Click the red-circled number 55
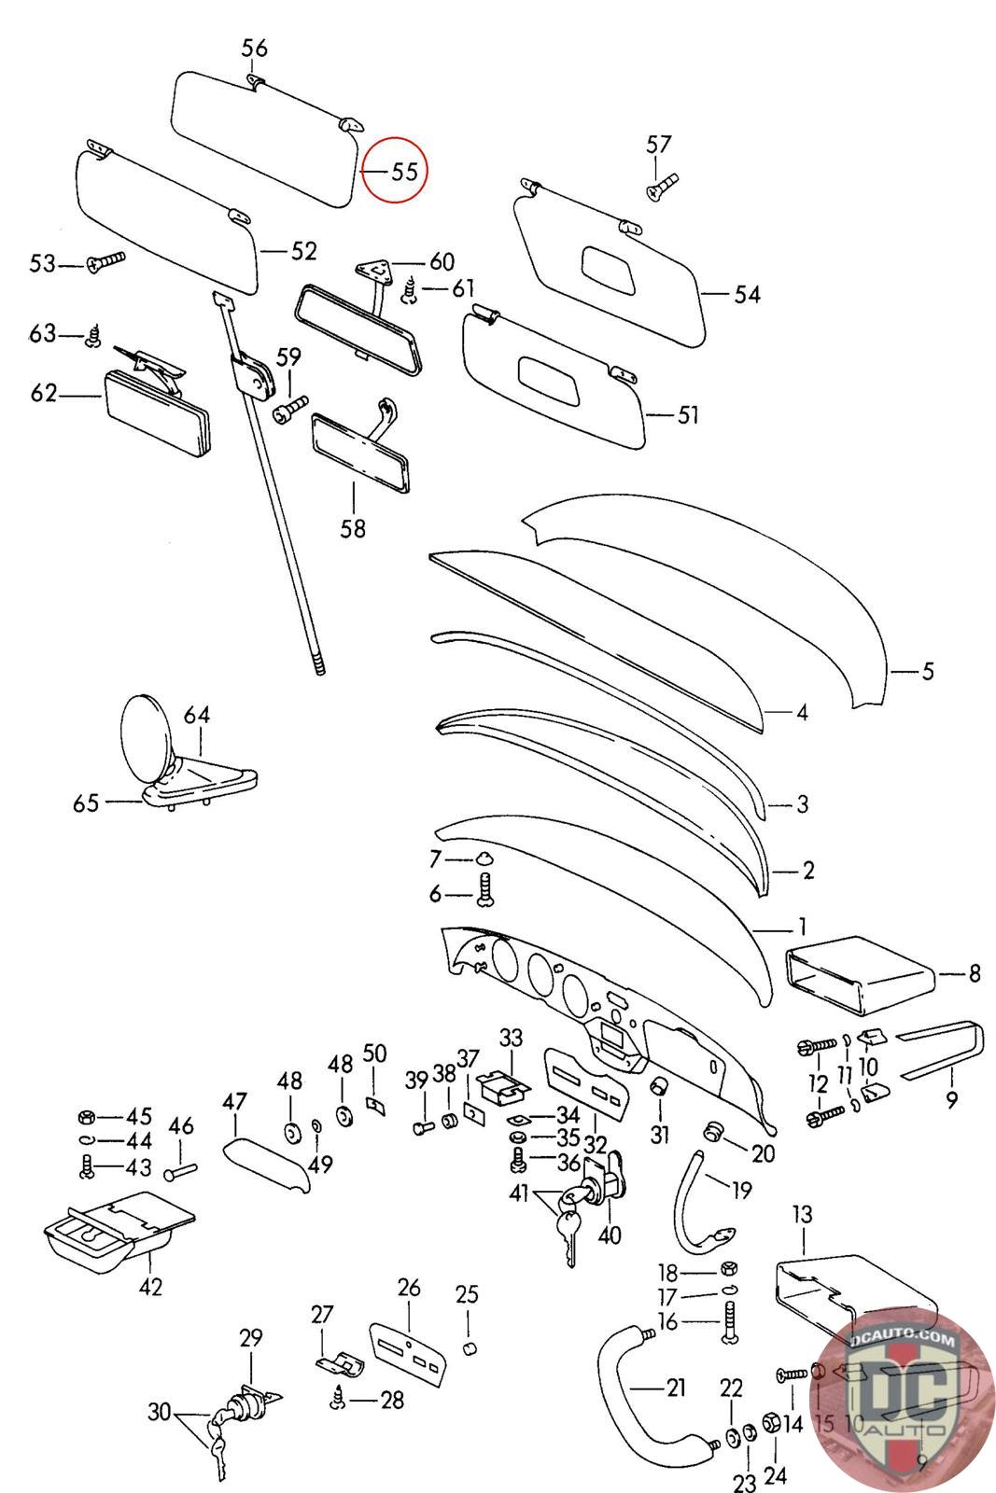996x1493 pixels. coord(403,172)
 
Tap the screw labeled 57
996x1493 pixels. coord(660,187)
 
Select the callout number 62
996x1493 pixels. coord(44,394)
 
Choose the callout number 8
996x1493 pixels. coord(975,974)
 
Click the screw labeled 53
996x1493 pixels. coord(105,263)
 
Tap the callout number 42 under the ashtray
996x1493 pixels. coord(150,1287)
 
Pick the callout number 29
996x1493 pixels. coord(251,1338)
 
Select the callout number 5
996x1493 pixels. coord(927,670)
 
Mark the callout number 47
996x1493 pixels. coord(233,1101)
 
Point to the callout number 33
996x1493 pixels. coord(512,1038)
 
